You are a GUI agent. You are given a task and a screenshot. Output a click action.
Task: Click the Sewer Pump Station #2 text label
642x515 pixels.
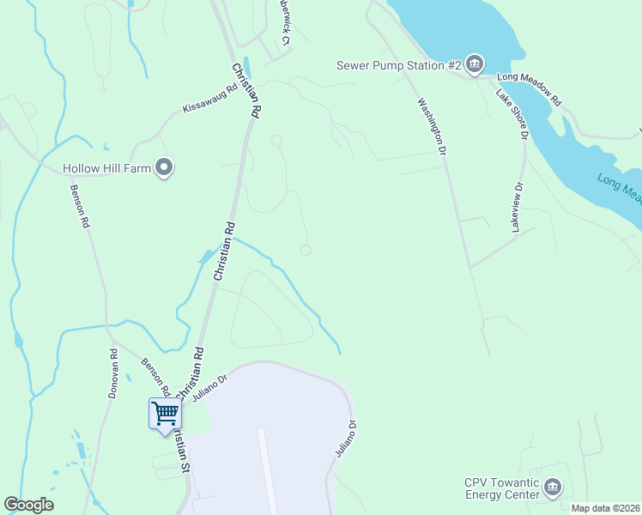pos(400,64)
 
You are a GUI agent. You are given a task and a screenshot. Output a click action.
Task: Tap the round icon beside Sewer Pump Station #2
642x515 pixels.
pos(475,64)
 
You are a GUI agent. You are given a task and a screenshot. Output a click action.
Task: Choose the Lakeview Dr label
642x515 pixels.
pos(517,207)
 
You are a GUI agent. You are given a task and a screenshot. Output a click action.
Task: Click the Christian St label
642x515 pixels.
pos(181,451)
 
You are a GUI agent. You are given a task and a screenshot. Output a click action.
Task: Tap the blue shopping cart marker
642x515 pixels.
pos(165,414)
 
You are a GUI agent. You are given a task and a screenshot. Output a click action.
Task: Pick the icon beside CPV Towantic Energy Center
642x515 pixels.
pos(554,488)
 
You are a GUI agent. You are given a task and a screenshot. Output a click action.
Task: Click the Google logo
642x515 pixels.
pos(28,505)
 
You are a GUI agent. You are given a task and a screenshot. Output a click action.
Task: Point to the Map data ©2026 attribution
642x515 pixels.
pos(605,508)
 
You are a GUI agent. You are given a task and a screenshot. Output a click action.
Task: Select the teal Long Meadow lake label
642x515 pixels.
pos(620,190)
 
